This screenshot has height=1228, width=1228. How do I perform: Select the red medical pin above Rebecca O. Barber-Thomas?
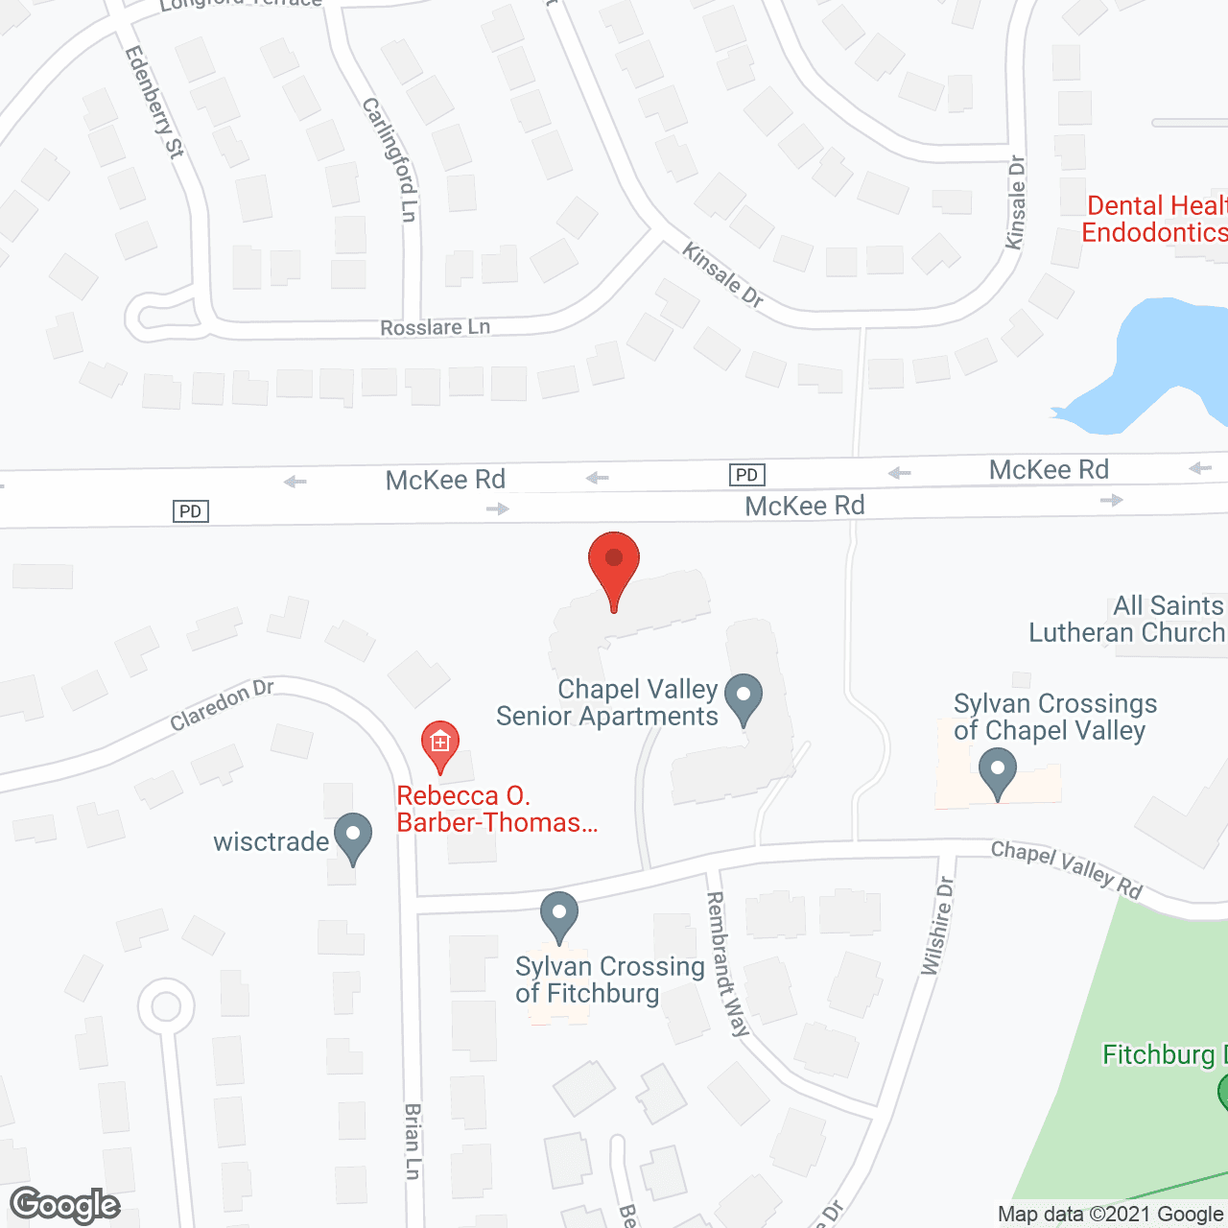point(440,744)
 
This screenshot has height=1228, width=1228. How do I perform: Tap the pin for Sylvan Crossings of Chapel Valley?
point(998,772)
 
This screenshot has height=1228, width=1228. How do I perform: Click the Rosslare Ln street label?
point(435,328)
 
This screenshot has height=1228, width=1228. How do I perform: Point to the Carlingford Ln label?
point(390,159)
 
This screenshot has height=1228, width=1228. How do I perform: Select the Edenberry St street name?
point(154,102)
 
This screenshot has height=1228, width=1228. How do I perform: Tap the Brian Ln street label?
point(413,1141)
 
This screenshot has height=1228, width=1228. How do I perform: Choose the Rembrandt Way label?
point(726,963)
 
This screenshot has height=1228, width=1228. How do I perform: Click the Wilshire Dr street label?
point(937,926)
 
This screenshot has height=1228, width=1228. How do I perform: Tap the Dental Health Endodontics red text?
point(1155,219)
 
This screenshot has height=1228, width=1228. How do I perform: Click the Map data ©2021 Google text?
point(1110,1215)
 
